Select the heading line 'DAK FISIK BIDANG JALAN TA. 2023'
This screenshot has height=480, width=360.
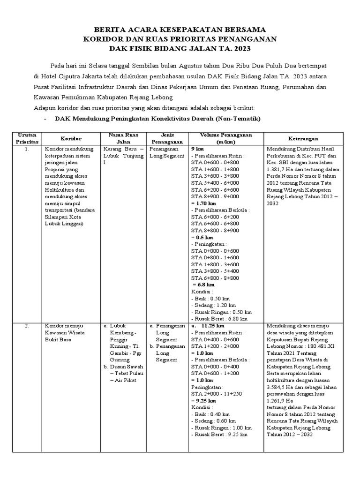point(180,48)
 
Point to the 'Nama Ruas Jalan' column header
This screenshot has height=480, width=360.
point(123,138)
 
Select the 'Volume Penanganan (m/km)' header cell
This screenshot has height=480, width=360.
point(225,138)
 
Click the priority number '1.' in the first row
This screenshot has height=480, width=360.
point(28,149)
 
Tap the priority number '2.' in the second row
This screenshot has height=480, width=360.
point(28,326)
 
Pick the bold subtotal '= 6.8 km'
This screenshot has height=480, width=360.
point(203,285)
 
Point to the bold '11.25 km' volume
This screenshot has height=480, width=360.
point(212,326)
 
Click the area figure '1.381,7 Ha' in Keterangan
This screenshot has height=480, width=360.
point(280,169)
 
